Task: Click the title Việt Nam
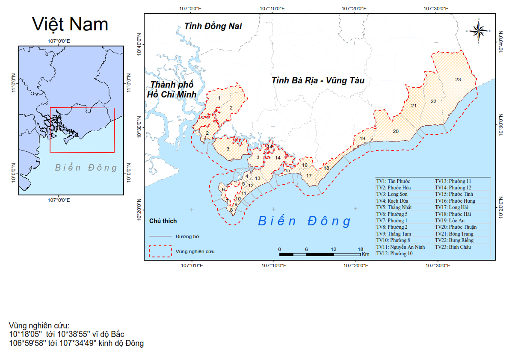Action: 71,24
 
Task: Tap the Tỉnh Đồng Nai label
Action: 213,27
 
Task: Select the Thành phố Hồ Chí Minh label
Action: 171,89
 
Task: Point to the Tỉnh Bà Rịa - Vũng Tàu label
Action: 318,80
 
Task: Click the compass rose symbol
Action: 479,30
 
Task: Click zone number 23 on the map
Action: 458,80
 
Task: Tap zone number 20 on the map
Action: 395,131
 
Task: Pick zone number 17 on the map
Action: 309,176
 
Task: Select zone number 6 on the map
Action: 223,189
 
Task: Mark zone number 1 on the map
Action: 219,98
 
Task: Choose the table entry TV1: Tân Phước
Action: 393,181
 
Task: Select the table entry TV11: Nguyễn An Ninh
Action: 400,247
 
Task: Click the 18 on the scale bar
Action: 360,249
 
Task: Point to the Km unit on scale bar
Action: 365,254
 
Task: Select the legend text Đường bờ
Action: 187,236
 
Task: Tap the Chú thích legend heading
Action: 163,221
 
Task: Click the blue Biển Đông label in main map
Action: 304,221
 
